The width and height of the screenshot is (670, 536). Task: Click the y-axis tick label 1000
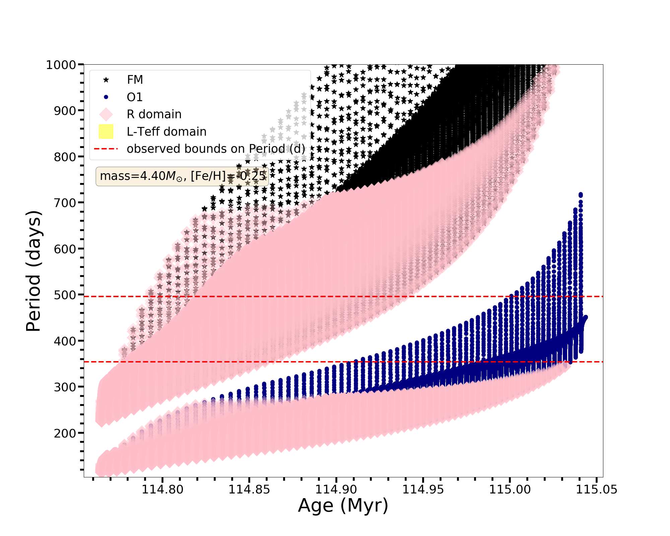click(61, 65)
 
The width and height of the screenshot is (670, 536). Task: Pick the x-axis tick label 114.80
click(162, 489)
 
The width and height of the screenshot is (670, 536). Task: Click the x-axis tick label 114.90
click(336, 489)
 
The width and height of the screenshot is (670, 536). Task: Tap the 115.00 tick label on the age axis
click(510, 489)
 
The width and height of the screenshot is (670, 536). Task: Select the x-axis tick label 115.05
click(596, 489)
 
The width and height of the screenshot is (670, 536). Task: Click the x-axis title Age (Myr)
click(343, 506)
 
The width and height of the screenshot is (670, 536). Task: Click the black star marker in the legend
click(106, 80)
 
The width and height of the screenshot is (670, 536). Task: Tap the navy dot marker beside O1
click(106, 97)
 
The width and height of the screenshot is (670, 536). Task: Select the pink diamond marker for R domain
click(106, 114)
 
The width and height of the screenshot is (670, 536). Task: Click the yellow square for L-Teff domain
click(106, 132)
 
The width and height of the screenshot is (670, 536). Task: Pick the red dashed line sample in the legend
click(106, 149)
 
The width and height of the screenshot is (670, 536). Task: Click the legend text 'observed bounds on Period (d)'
click(216, 149)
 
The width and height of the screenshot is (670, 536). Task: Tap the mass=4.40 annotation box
click(182, 176)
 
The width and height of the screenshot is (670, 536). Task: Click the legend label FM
click(135, 80)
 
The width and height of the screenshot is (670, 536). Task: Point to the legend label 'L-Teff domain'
click(166, 132)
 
